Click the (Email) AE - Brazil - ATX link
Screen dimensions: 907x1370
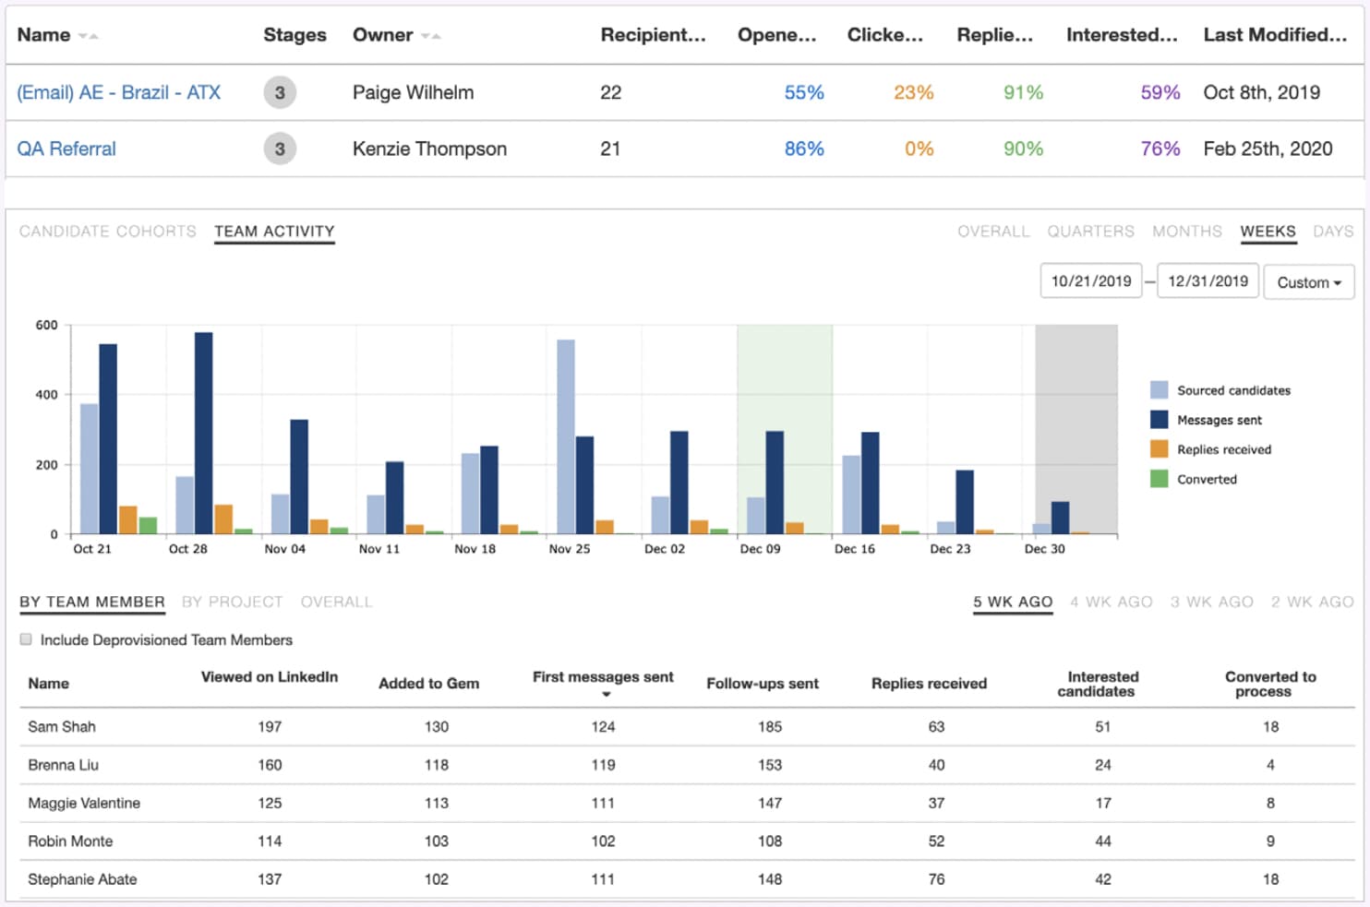pos(118,92)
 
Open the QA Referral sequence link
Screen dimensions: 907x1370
pos(66,149)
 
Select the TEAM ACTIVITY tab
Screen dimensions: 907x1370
pos(274,232)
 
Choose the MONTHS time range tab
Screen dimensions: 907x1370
pos(1186,232)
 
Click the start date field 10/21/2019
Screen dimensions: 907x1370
pos(1090,281)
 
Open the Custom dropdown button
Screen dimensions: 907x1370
pos(1308,282)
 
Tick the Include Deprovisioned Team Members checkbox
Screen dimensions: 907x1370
pos(26,639)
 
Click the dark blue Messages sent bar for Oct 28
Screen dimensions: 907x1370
pos(204,434)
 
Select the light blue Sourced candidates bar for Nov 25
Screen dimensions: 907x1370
pos(566,437)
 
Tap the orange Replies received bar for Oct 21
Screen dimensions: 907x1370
pos(128,520)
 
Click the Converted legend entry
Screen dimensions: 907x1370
pos(1206,479)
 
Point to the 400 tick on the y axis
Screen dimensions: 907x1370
pos(47,395)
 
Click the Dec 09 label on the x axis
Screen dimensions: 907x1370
pos(760,549)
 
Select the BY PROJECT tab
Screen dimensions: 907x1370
pos(232,603)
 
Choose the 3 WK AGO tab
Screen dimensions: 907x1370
pos(1211,603)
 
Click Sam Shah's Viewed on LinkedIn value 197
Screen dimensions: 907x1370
pos(270,727)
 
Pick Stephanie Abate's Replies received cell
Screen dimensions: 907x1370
pos(936,879)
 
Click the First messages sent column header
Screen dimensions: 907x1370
pos(603,678)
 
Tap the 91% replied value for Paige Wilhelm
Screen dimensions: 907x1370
pos(1023,92)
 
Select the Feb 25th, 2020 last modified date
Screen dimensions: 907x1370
pos(1268,149)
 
